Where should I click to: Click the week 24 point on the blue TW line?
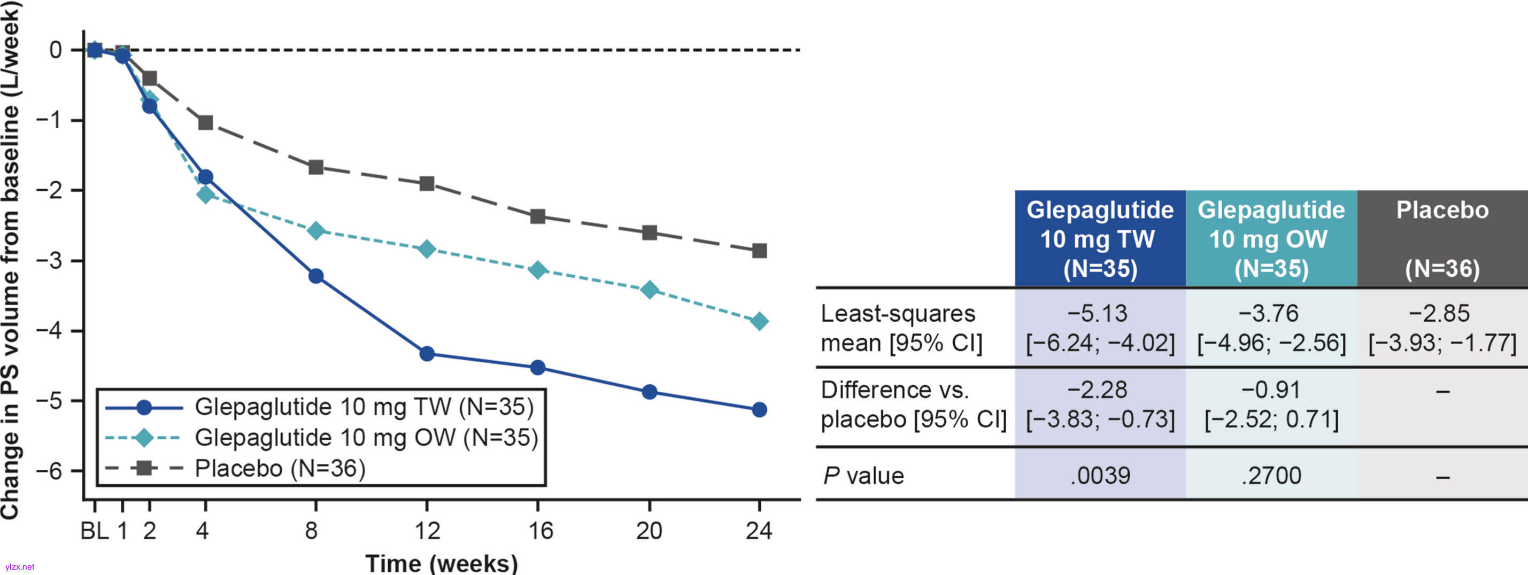(x=759, y=410)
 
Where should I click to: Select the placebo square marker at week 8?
(x=315, y=167)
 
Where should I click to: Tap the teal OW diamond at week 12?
(x=427, y=249)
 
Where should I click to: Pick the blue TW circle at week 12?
(x=427, y=354)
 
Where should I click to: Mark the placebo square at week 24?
(x=759, y=251)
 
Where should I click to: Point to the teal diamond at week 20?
(x=650, y=290)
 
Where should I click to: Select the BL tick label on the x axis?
(x=94, y=531)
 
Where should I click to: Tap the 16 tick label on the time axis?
(x=540, y=531)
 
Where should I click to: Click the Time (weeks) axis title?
(x=441, y=563)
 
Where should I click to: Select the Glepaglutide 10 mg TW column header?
(x=1100, y=239)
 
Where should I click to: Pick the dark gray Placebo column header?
(x=1442, y=239)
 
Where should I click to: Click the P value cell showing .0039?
(x=1100, y=476)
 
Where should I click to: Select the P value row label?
(x=863, y=476)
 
